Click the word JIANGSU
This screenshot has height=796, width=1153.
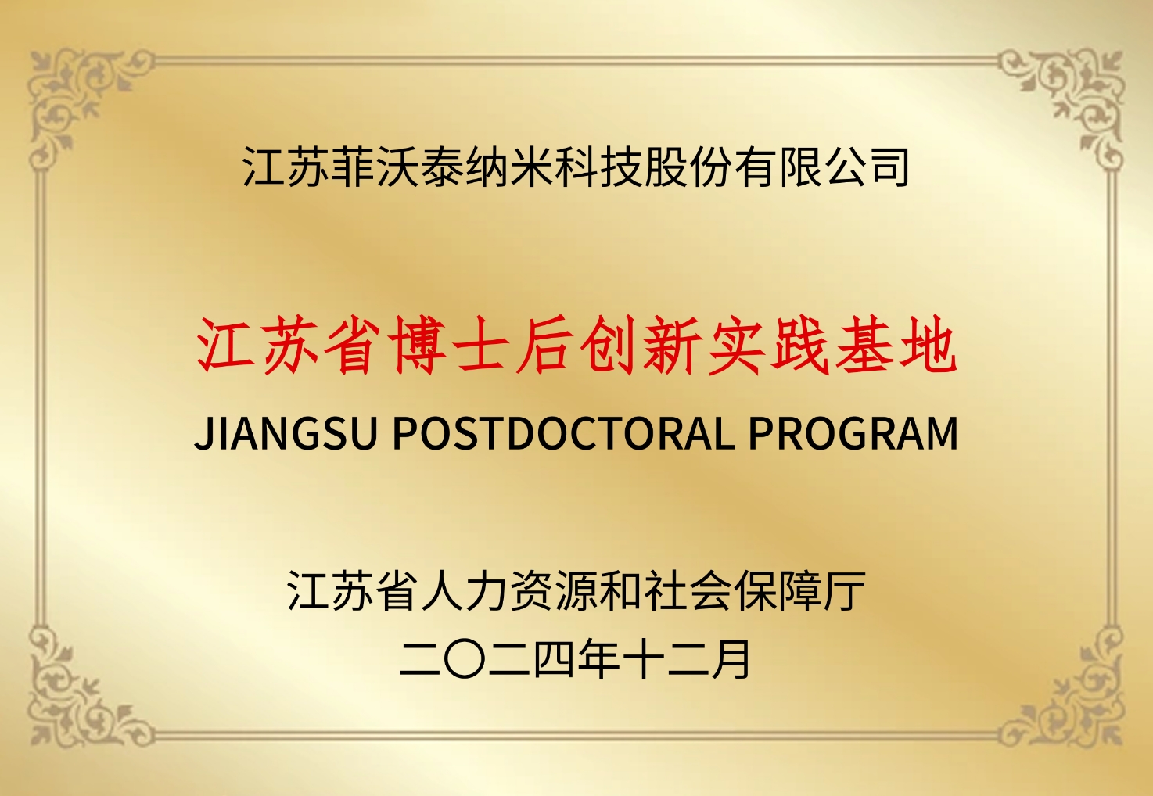pyautogui.click(x=286, y=433)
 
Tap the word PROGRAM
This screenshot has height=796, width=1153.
pyautogui.click(x=853, y=433)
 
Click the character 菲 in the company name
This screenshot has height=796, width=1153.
pyautogui.click(x=352, y=167)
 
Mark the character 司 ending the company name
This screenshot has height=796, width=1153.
pyautogui.click(x=889, y=167)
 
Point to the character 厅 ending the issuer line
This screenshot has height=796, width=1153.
pyautogui.click(x=844, y=590)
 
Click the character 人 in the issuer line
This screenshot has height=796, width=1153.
pyautogui.click(x=442, y=590)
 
